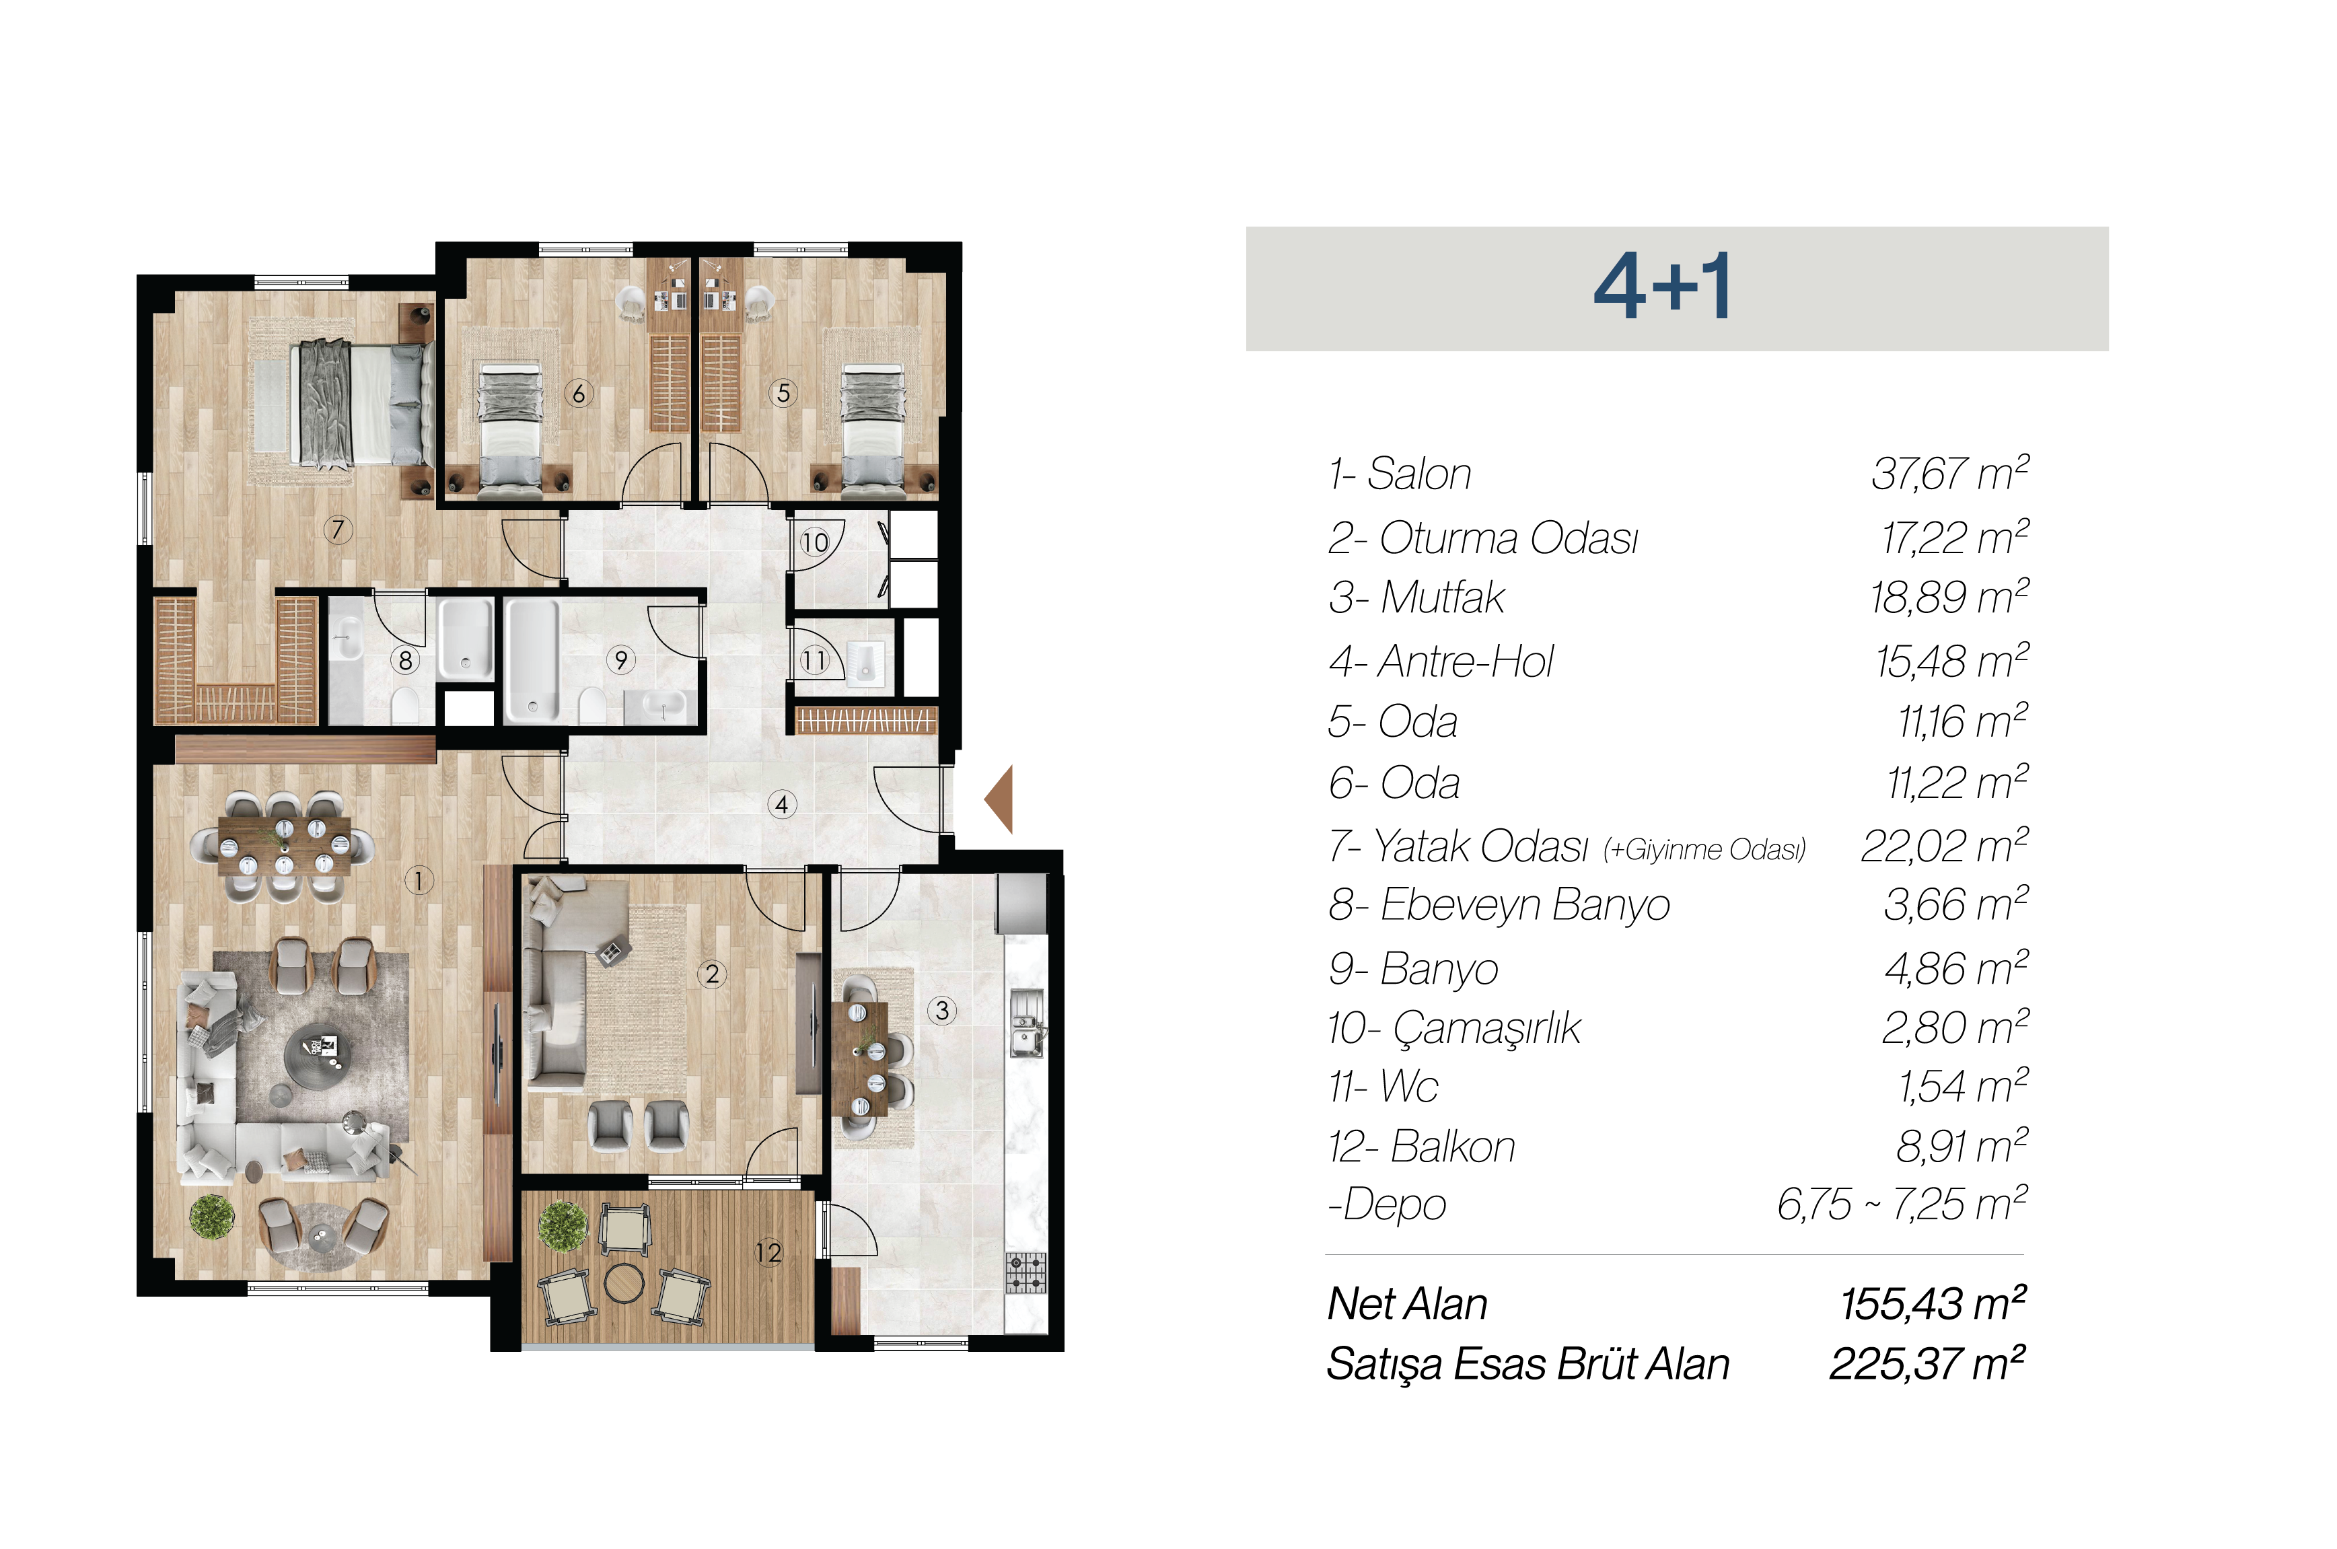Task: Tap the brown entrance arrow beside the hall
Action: tap(999, 798)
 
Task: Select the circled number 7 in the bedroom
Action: tap(338, 530)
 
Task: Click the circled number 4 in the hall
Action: tap(781, 804)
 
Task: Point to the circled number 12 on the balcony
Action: tap(768, 1253)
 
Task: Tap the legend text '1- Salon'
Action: tap(1400, 474)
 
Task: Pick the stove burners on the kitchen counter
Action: tap(1026, 1272)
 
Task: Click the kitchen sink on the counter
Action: tap(1026, 1023)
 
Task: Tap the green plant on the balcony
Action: tap(563, 1226)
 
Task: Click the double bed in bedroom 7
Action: tap(361, 403)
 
